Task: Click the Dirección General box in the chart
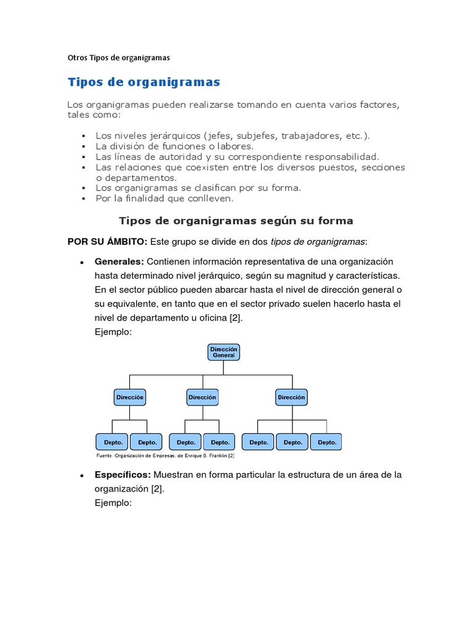pyautogui.click(x=224, y=353)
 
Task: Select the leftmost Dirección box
pyautogui.click(x=130, y=397)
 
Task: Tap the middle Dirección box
pyautogui.click(x=202, y=397)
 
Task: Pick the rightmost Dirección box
pyautogui.click(x=291, y=397)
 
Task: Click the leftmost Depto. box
pyautogui.click(x=113, y=442)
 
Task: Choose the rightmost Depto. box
pyautogui.click(x=326, y=442)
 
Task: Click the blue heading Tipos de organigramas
pyautogui.click(x=144, y=82)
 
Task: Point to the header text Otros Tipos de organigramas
pyautogui.click(x=118, y=58)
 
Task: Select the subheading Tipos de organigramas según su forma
pyautogui.click(x=236, y=220)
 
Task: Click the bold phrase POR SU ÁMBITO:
pyautogui.click(x=107, y=241)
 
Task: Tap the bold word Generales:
pyautogui.click(x=119, y=261)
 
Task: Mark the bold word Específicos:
pyautogui.click(x=123, y=475)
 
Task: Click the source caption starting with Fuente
pyautogui.click(x=166, y=456)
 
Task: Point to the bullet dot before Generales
pyautogui.click(x=82, y=262)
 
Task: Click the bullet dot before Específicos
pyautogui.click(x=82, y=476)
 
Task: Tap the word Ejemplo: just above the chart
pyautogui.click(x=113, y=332)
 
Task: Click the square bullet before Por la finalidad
pyautogui.click(x=83, y=199)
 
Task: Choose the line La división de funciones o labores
pyautogui.click(x=174, y=146)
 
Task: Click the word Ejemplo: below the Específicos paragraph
pyautogui.click(x=113, y=503)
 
